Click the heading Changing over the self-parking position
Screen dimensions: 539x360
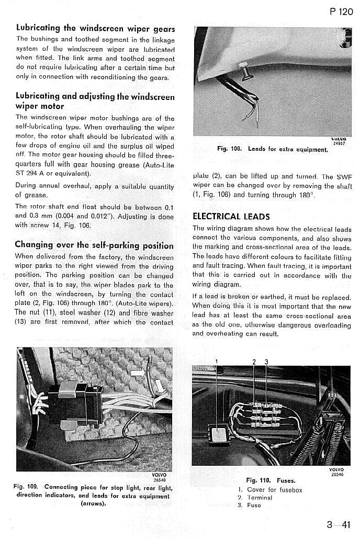point(94,244)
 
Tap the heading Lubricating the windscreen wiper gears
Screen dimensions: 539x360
point(95,28)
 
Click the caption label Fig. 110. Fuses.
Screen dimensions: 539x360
point(271,480)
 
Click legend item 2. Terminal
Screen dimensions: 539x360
point(255,497)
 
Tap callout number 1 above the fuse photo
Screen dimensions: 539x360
point(216,361)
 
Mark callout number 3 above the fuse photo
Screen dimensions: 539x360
point(266,361)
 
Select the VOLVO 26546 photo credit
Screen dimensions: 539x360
point(337,472)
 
